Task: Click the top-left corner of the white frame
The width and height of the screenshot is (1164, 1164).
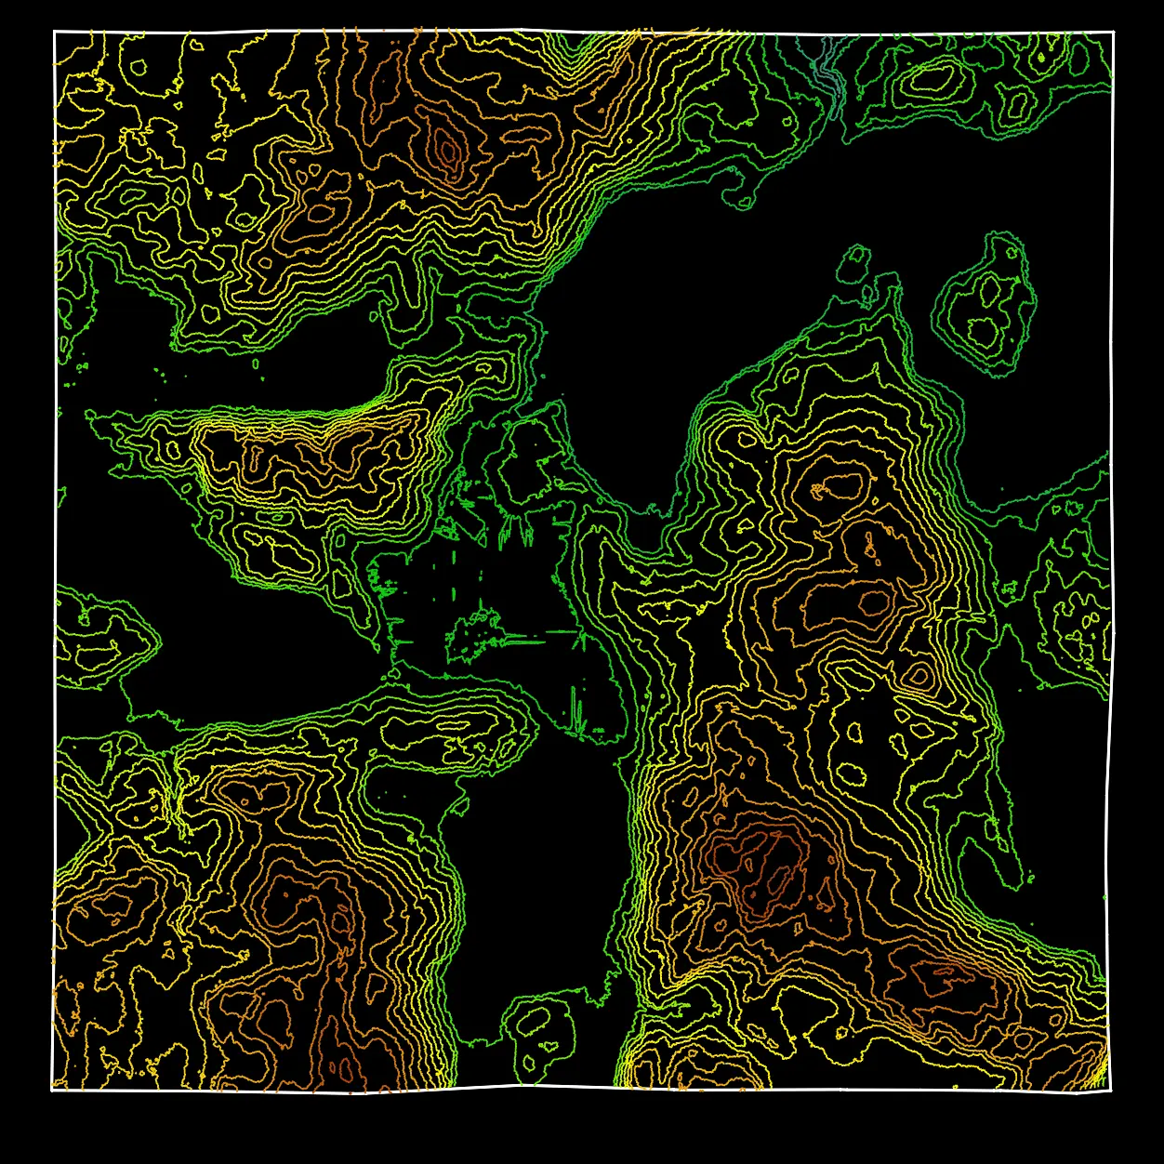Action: point(55,32)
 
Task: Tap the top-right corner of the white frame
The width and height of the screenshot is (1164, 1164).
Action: point(1113,33)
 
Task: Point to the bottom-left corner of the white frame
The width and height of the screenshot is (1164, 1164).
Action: point(52,1090)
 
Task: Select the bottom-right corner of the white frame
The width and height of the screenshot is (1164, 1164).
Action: point(1111,1090)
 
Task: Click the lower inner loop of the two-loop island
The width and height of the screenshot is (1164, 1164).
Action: point(982,331)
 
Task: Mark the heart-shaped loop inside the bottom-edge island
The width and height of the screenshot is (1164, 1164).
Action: point(550,1047)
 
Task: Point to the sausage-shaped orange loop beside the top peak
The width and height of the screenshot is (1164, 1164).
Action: point(321,213)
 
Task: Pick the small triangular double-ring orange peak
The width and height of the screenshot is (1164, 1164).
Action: point(919,675)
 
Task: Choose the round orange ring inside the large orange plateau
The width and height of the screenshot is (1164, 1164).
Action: point(874,602)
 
